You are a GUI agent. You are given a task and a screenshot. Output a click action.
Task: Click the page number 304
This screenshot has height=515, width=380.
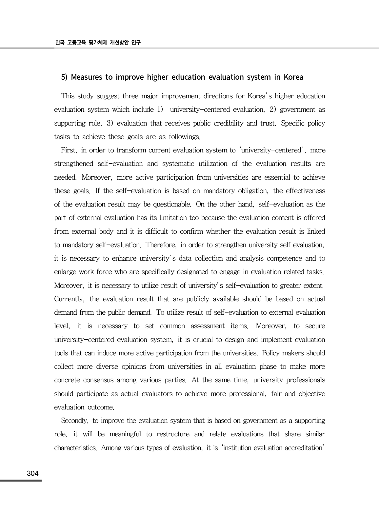[32, 473]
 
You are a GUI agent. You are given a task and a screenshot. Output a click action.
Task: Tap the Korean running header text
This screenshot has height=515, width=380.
[98, 43]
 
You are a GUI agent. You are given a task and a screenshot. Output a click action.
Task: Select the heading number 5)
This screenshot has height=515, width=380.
[64, 77]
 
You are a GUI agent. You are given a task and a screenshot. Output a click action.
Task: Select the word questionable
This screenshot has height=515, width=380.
[171, 205]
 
